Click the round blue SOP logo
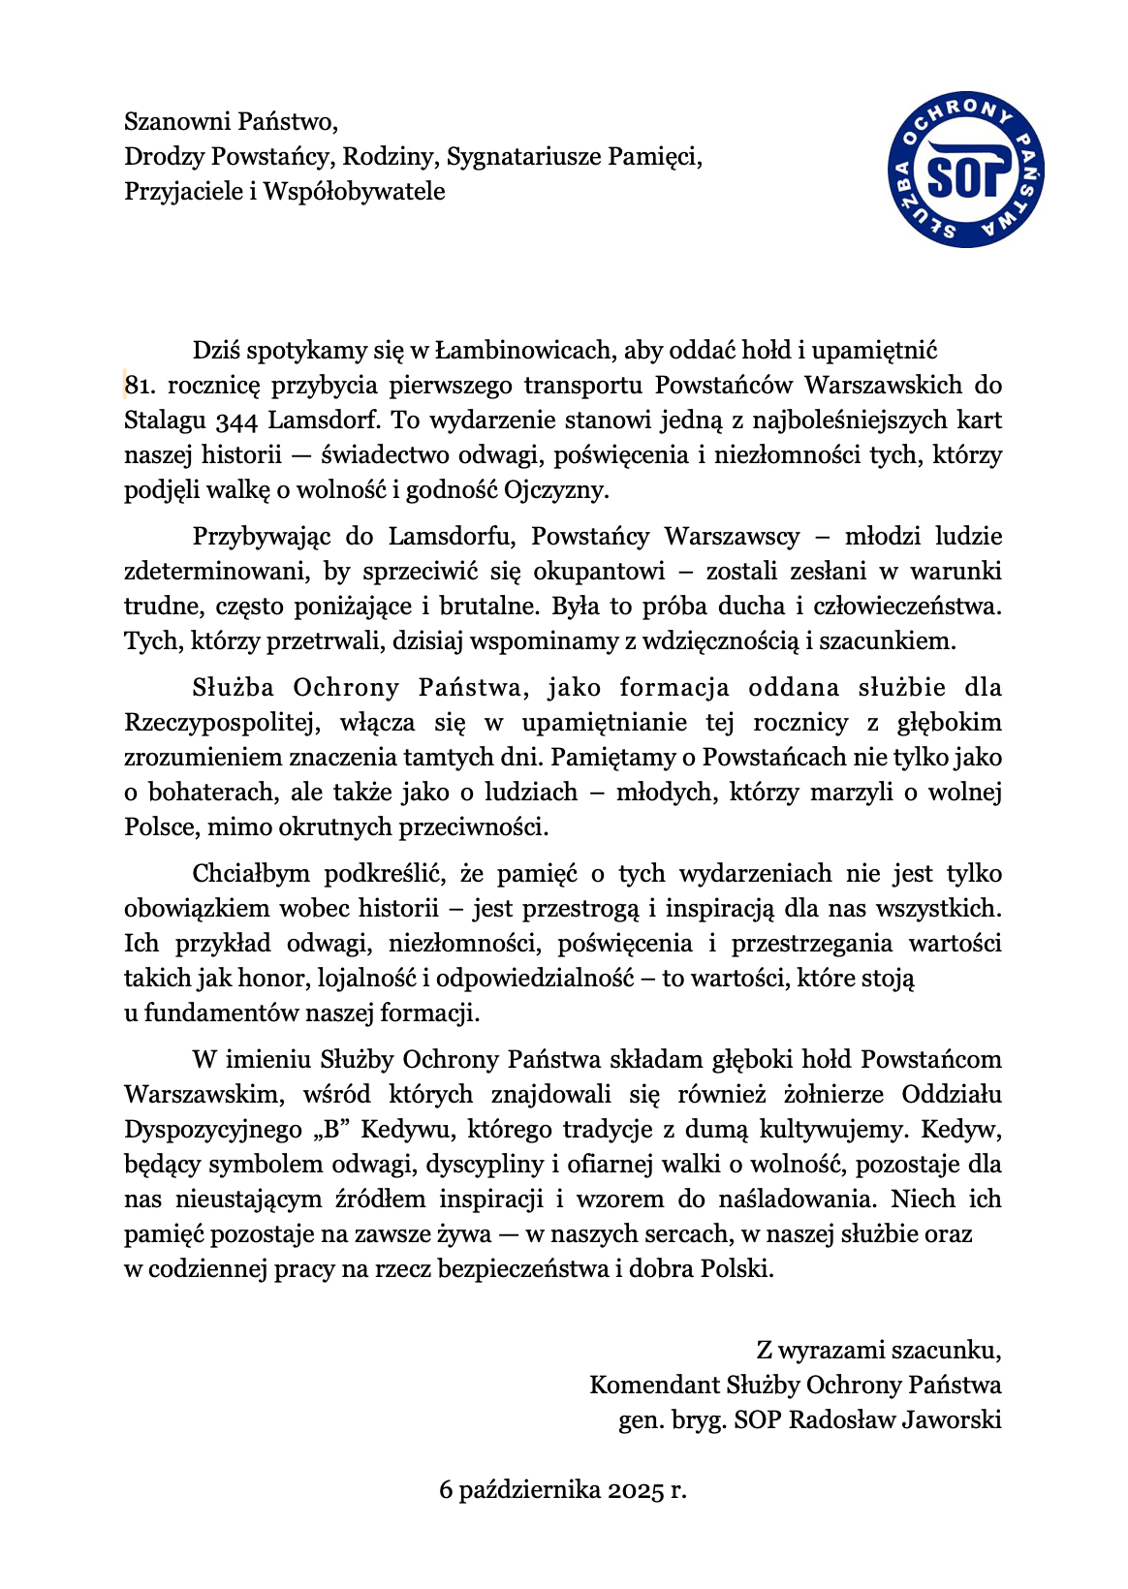[x=966, y=171]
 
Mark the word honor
[x=277, y=978]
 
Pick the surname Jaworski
[x=951, y=1419]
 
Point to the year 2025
[x=636, y=1489]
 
